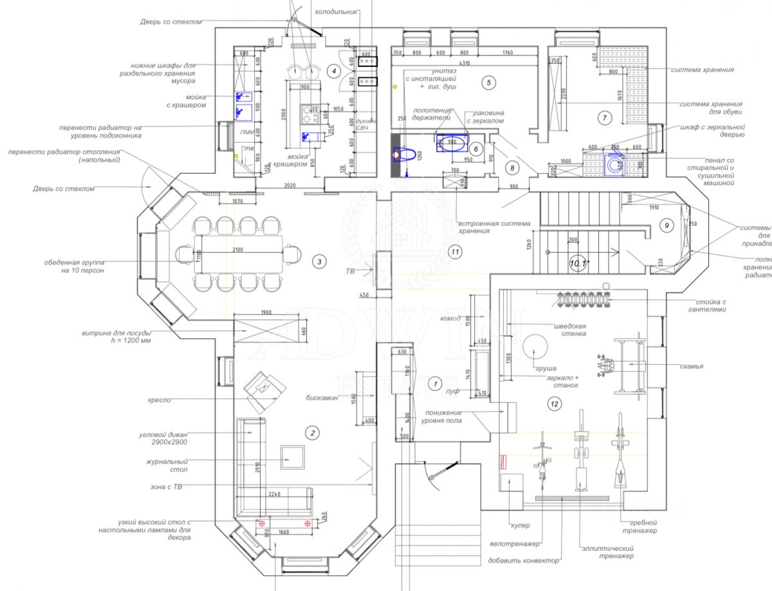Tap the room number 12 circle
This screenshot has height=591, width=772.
click(x=554, y=404)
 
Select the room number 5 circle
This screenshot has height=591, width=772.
click(x=488, y=82)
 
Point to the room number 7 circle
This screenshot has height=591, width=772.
click(x=603, y=118)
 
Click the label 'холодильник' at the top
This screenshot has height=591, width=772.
click(x=334, y=12)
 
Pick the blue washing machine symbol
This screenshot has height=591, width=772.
click(x=613, y=164)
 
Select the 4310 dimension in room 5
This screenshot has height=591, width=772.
click(x=463, y=63)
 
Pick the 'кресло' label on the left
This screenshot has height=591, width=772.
click(x=160, y=400)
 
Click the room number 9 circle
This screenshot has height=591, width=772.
click(x=666, y=225)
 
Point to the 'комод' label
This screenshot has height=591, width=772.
click(x=450, y=318)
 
